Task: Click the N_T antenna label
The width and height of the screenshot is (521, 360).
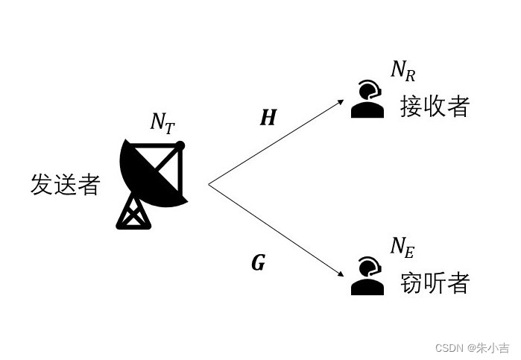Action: point(162,123)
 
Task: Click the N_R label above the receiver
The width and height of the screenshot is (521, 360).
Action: point(402,71)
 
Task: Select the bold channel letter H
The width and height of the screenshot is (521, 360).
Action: point(268,118)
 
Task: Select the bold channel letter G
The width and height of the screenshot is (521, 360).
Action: point(258,263)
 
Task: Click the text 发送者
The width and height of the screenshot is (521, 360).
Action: point(65,184)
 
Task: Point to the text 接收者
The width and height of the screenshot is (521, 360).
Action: point(435,106)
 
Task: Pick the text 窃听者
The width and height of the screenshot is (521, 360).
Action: point(435,282)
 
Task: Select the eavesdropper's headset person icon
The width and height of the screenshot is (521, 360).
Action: point(367,277)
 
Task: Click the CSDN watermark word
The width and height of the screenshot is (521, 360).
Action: point(449,348)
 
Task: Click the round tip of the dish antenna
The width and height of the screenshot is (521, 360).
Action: point(180,145)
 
